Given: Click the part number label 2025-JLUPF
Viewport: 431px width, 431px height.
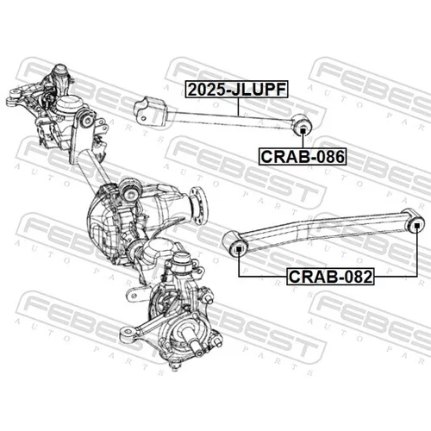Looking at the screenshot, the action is [x=236, y=89].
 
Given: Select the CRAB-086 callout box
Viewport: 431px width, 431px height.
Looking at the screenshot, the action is [x=303, y=157].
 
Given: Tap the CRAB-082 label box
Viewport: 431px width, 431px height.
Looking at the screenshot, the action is [x=330, y=277].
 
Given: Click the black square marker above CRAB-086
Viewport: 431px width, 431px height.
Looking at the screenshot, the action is [x=303, y=131].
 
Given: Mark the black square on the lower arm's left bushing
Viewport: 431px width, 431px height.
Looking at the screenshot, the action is [x=239, y=249].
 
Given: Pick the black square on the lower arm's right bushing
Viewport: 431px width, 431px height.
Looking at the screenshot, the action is [x=416, y=225].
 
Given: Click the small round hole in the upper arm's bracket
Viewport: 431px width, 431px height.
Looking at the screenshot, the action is [x=143, y=118].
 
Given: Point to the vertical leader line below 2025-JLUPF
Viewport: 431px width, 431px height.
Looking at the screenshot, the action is [x=238, y=107].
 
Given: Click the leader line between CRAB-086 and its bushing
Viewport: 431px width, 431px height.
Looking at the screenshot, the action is [x=303, y=141].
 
